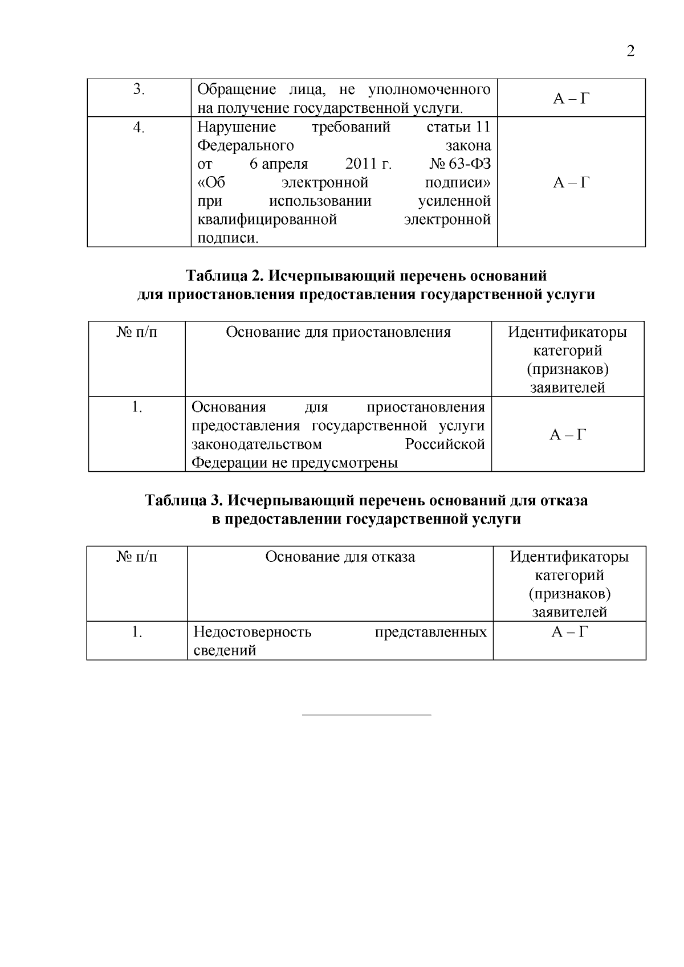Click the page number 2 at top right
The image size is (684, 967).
click(630, 52)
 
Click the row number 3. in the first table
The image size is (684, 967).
click(139, 89)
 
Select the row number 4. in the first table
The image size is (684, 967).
click(139, 127)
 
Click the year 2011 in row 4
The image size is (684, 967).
click(362, 164)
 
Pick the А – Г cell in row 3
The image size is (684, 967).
click(571, 99)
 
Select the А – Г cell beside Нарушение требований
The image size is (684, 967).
click(571, 182)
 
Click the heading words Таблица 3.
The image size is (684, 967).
click(182, 500)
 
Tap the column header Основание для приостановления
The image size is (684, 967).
click(338, 332)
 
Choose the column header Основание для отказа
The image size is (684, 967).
click(340, 556)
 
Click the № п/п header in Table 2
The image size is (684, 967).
click(137, 332)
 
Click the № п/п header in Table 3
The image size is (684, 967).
click(137, 556)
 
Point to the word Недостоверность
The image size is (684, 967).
click(253, 632)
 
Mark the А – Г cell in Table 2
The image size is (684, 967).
click(568, 435)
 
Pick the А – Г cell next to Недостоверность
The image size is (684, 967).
click(569, 632)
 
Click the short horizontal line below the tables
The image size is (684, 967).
click(366, 714)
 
